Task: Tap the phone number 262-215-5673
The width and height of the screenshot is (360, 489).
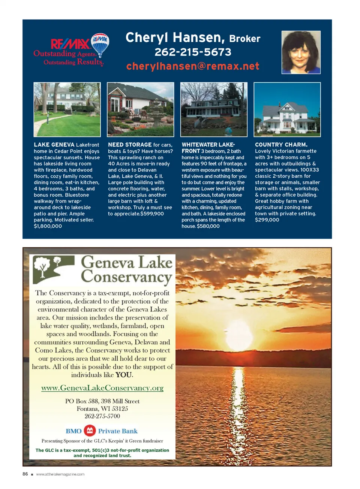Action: tap(193, 52)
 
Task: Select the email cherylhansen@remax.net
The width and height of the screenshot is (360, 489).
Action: tap(193, 66)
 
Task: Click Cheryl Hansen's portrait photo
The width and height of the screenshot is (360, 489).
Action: tap(301, 52)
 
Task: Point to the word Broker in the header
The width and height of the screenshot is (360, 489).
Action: tap(244, 39)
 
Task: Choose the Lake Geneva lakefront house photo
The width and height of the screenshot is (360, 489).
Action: tap(67, 109)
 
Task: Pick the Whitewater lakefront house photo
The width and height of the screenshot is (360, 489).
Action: tap(214, 109)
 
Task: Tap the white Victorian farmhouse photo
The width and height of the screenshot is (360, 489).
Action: tap(287, 109)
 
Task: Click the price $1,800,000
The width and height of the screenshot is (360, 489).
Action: tap(48, 226)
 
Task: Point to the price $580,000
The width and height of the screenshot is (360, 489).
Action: tap(208, 226)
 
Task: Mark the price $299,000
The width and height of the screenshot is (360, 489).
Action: tap(267, 220)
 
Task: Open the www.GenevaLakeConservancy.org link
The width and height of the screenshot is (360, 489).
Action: tap(102, 388)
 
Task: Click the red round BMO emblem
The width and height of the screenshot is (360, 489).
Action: tap(90, 431)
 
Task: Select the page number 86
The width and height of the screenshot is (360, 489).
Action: tap(25, 474)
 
